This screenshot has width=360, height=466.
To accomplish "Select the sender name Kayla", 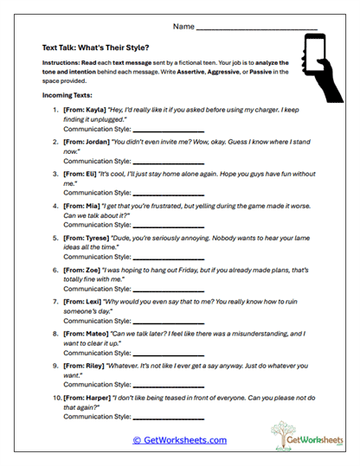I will [x=94, y=110].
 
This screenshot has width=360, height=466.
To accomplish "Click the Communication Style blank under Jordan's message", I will [x=168, y=162].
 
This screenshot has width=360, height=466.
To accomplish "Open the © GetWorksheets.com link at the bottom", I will [x=180, y=440].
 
